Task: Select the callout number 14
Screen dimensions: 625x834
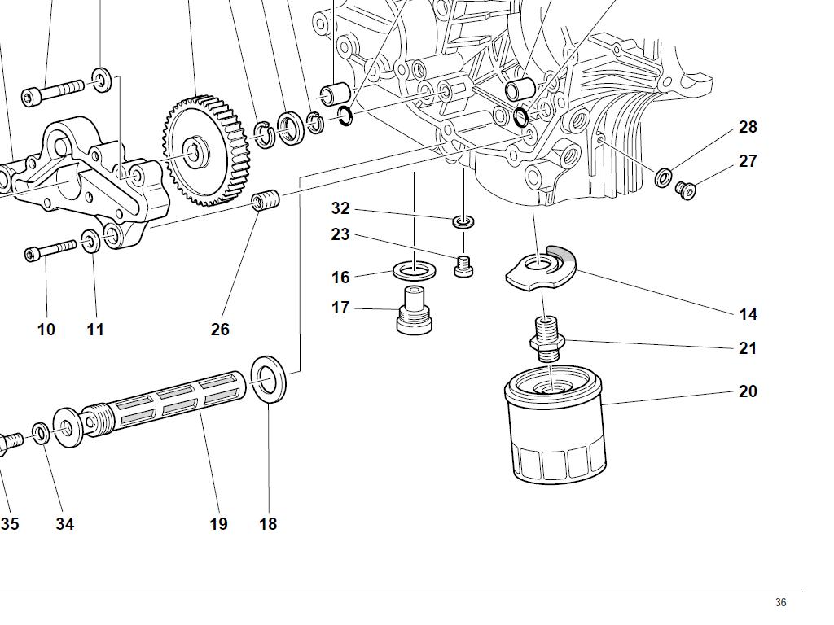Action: (x=748, y=313)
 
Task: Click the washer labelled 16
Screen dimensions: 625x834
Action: (x=413, y=269)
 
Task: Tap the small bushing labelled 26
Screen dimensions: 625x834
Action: (x=265, y=199)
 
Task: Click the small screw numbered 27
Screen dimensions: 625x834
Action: (x=686, y=190)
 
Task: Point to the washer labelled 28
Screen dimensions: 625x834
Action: (x=664, y=177)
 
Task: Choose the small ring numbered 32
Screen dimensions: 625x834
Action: (x=463, y=221)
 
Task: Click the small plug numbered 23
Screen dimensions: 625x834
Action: (x=463, y=265)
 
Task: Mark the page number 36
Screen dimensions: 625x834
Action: (x=780, y=603)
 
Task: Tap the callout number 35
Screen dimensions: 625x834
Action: (x=9, y=524)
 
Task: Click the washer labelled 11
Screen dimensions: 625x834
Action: (x=91, y=242)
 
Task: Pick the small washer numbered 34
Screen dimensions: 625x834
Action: (x=40, y=432)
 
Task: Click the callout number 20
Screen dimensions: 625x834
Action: (x=748, y=391)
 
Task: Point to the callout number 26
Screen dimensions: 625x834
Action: (x=220, y=330)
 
